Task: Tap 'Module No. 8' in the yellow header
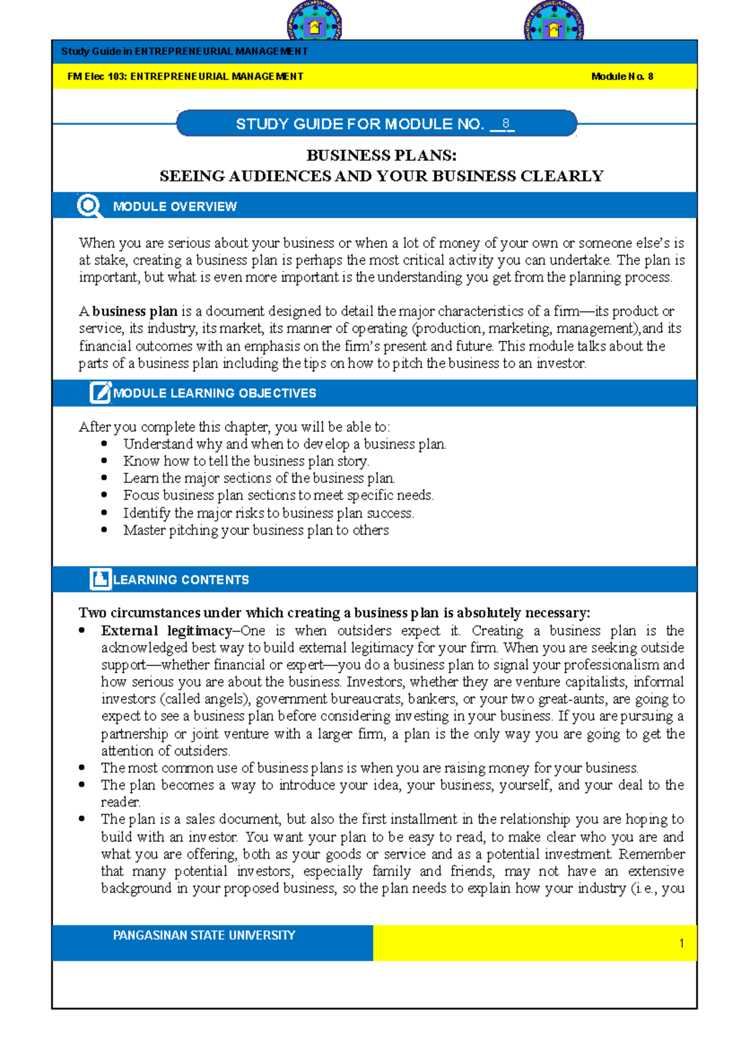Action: tap(622, 77)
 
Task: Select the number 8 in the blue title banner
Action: tap(505, 124)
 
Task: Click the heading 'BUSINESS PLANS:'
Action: tap(381, 155)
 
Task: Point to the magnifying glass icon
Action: tap(89, 206)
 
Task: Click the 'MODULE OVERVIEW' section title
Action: tap(175, 206)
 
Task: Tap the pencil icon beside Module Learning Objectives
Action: tap(100, 392)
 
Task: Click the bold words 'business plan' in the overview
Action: tap(135, 311)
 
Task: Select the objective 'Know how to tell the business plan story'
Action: tap(246, 461)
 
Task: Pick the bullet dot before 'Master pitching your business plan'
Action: tap(104, 529)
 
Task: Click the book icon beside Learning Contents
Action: tap(100, 579)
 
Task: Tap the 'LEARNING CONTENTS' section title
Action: tap(181, 579)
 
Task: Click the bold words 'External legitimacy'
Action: tap(166, 631)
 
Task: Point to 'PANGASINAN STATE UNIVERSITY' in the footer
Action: tap(204, 935)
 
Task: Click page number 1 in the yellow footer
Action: tap(681, 943)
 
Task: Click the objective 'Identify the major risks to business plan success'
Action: tap(268, 513)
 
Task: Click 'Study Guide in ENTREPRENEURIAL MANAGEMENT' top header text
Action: tap(184, 51)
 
